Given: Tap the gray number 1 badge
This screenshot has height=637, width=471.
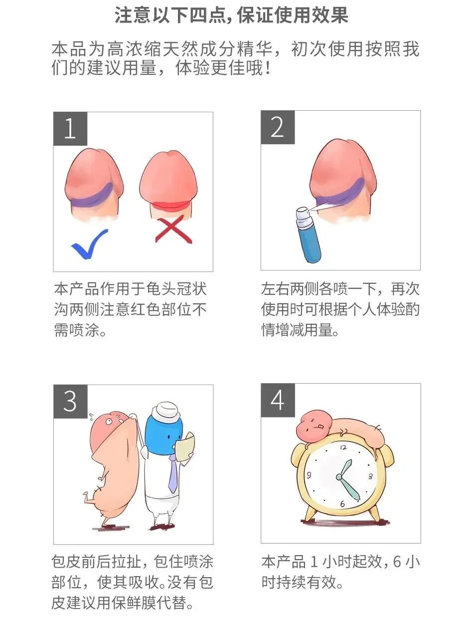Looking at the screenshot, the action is pyautogui.click(x=70, y=129).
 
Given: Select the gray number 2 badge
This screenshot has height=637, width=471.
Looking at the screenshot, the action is pyautogui.click(x=278, y=127).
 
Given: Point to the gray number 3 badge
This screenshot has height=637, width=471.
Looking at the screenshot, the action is pyautogui.click(x=70, y=402).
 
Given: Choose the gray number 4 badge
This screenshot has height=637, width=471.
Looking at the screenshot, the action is pyautogui.click(x=278, y=400).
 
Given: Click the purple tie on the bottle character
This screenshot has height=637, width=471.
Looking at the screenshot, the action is pyautogui.click(x=172, y=474).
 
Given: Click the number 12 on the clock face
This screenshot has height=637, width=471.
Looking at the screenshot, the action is pyautogui.click(x=343, y=447).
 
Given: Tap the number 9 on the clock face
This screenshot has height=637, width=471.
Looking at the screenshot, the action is pyautogui.click(x=309, y=475).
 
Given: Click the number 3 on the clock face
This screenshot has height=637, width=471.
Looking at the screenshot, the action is pyautogui.click(x=370, y=476).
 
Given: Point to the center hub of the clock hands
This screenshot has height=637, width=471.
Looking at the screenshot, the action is pyautogui.click(x=339, y=477).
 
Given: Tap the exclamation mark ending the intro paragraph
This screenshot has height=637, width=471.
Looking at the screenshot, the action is pyautogui.click(x=268, y=68).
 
